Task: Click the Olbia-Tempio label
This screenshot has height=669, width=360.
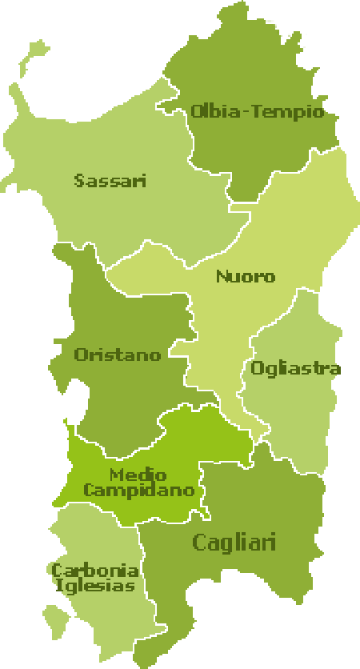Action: click(x=257, y=111)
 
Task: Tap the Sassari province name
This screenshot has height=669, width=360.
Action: click(x=110, y=181)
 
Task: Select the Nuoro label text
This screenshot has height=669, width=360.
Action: click(x=245, y=277)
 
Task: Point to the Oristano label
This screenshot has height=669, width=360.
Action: click(x=118, y=355)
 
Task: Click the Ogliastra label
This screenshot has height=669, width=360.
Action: click(x=295, y=369)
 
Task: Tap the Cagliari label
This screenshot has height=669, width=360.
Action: click(x=234, y=543)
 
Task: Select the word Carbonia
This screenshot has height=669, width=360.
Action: click(x=95, y=571)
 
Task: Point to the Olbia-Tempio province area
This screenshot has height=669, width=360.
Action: click(x=240, y=152)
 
